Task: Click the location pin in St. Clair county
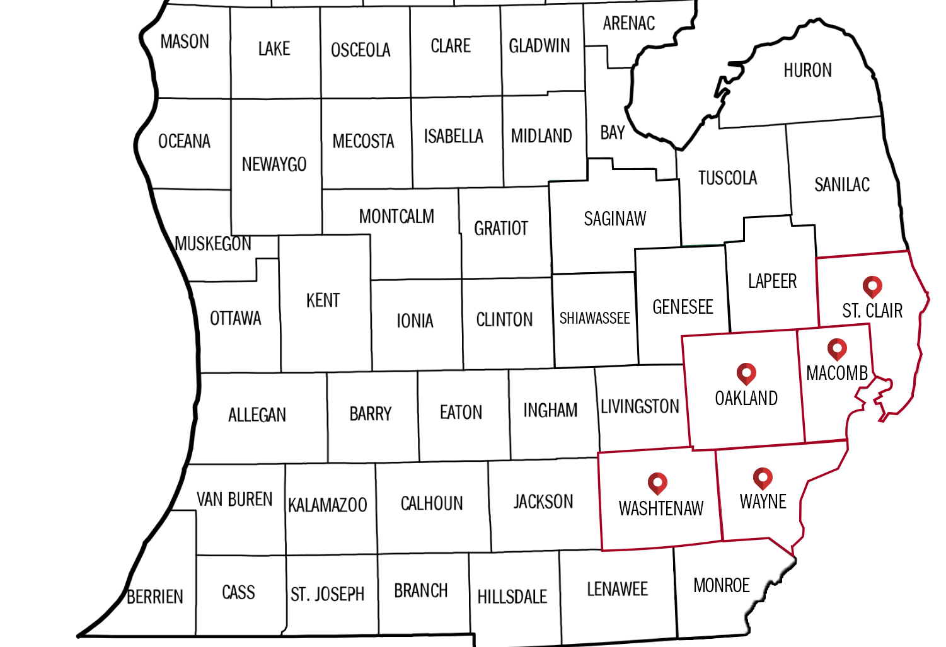click(872, 287)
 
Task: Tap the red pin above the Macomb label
click(837, 349)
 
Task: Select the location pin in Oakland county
click(746, 374)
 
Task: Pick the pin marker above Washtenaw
click(657, 483)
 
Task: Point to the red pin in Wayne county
click(763, 478)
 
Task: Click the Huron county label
click(807, 70)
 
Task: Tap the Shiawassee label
click(594, 318)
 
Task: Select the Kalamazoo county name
click(328, 505)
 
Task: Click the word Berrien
click(155, 597)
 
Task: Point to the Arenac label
click(628, 24)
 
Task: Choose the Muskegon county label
click(213, 244)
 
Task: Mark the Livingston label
click(640, 406)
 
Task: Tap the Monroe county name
click(722, 585)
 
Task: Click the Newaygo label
click(274, 164)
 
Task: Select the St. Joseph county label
click(328, 594)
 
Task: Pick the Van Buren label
click(234, 500)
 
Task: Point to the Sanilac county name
click(842, 185)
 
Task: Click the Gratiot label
click(501, 228)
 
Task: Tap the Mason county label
click(185, 42)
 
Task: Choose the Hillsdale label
click(512, 597)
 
